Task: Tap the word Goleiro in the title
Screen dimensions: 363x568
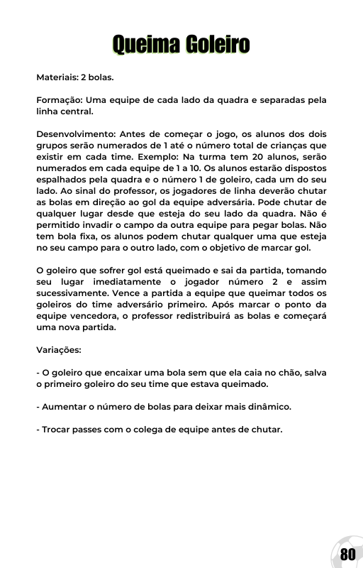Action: click(218, 45)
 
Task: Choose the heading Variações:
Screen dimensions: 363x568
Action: click(59, 350)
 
